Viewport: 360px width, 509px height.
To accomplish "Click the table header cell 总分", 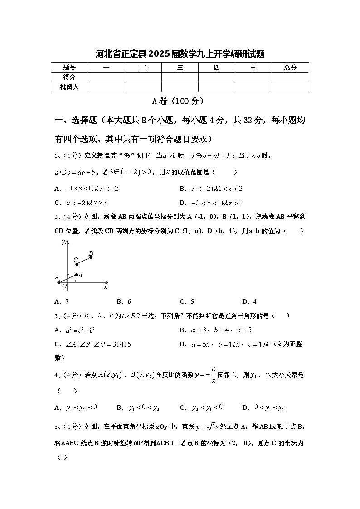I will pyautogui.click(x=290, y=68).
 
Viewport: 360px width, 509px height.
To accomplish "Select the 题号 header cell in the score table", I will pyautogui.click(x=69, y=68).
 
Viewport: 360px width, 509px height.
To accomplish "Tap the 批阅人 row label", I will pyautogui.click(x=69, y=87).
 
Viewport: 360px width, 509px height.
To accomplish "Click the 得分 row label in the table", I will pyautogui.click(x=69, y=77).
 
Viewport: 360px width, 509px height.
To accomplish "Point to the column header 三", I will pyautogui.click(x=180, y=68).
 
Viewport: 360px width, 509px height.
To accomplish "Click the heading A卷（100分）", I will pyautogui.click(x=180, y=101).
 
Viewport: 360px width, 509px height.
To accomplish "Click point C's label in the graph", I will pyautogui.click(x=76, y=260).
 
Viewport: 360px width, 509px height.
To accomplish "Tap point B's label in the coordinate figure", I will pyautogui.click(x=80, y=275).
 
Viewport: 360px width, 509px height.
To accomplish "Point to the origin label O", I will pyautogui.click(x=64, y=286).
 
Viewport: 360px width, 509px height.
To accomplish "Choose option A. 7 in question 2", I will pyautogui.click(x=61, y=301).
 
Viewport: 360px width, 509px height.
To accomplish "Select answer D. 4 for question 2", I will pyautogui.click(x=249, y=301).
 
